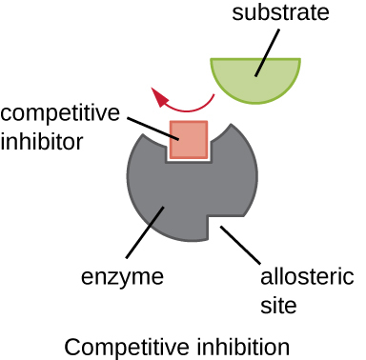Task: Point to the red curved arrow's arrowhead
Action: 158,94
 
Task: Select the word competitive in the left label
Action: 61,114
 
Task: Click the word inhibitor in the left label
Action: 44,141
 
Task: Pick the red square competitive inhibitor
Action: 188,140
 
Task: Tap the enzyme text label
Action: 122,279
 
